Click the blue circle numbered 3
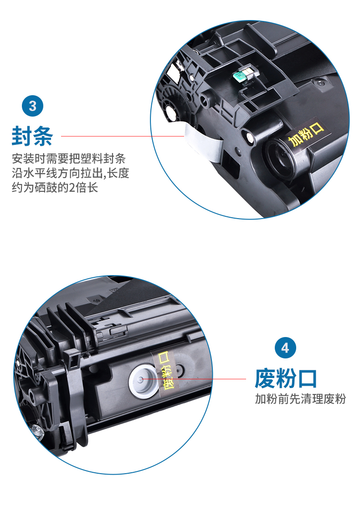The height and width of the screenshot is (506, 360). point(32,106)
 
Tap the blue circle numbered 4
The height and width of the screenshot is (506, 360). point(285,348)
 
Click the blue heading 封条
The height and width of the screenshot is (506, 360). point(32,136)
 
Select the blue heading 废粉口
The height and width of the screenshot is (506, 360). point(285,378)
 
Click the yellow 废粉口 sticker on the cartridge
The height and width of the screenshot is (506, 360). point(165,371)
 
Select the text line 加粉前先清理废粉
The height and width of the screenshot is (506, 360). point(300,399)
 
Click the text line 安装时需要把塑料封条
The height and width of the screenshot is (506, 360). point(69,158)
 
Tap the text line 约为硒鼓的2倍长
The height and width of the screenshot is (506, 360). point(55,187)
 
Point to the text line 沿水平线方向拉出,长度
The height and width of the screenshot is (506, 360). point(70,173)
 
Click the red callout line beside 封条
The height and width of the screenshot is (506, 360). point(123,136)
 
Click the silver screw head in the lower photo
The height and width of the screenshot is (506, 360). point(37,430)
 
